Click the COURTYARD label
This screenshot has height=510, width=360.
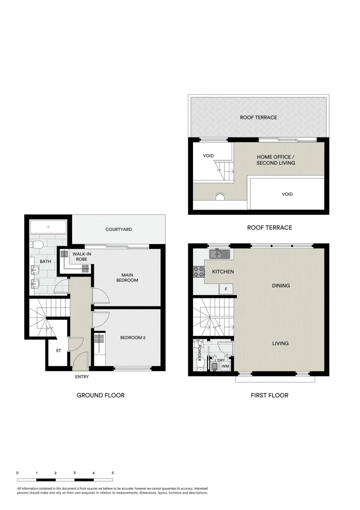[x=118, y=229]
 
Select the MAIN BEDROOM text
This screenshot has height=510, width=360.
[x=126, y=277]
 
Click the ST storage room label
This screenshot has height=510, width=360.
[x=59, y=351]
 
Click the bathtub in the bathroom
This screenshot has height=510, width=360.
[x=48, y=228]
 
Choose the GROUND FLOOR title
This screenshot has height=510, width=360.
[x=100, y=395]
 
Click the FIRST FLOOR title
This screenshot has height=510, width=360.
[x=269, y=395]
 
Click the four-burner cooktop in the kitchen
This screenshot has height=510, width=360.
[x=199, y=272]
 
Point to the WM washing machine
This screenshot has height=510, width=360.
[x=225, y=366]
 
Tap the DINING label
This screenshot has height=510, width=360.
[x=281, y=286]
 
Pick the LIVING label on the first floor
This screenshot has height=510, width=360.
[x=280, y=343]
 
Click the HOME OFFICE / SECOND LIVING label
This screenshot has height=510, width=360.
[x=276, y=160]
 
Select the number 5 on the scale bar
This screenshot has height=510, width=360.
[x=113, y=473]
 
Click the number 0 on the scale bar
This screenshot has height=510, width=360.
[x=17, y=473]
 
